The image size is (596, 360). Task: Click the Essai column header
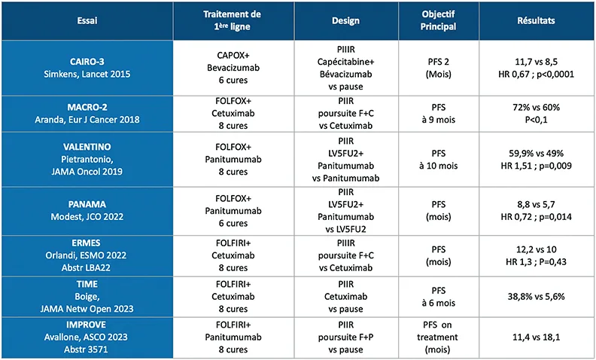tap(87, 20)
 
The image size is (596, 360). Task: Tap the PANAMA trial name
tap(87, 203)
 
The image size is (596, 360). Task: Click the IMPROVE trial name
tap(87, 324)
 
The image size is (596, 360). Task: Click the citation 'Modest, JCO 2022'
tap(87, 215)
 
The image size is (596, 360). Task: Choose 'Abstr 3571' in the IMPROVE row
tap(87, 349)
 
